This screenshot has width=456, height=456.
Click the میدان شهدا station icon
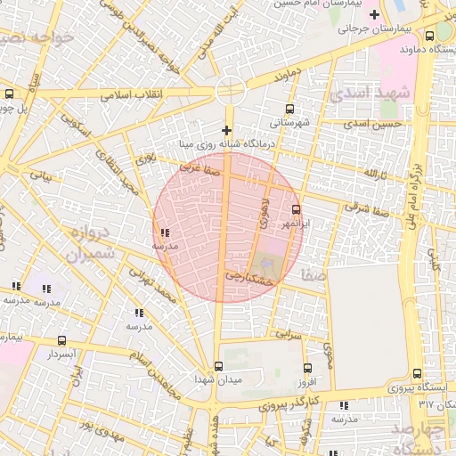pos(219,366)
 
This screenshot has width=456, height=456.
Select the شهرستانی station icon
pos(289,110)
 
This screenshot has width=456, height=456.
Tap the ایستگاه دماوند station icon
pos(430,37)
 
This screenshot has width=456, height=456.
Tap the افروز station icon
pos(307,368)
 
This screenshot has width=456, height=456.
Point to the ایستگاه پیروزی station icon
pos(418,374)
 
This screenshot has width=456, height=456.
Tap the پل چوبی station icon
pos(9,94)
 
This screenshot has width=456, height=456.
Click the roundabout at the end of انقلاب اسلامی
pos(229,89)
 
